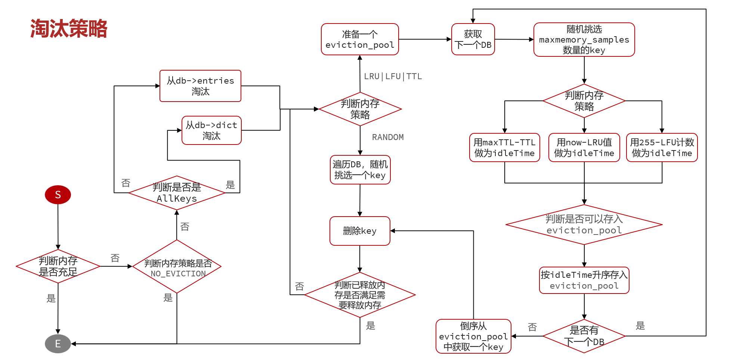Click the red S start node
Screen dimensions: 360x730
point(58,195)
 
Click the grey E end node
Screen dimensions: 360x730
point(58,344)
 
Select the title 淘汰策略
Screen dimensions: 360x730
point(69,29)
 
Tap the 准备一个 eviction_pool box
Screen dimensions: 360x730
point(360,39)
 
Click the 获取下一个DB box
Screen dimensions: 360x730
point(473,39)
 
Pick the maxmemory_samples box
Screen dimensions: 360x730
point(584,40)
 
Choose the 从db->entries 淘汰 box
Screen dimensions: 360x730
point(200,86)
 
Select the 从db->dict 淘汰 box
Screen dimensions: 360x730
point(211,130)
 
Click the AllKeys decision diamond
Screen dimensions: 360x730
point(177,193)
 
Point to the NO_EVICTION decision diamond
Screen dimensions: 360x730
point(177,267)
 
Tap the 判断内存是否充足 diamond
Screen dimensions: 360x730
point(58,266)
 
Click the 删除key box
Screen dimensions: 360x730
point(360,231)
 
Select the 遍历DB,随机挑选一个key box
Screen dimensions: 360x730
point(360,170)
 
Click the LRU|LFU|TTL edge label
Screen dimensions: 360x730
point(393,77)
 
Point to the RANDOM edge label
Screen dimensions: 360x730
point(388,137)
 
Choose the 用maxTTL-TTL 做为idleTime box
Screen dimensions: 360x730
point(504,148)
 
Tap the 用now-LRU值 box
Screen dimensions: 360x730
point(584,148)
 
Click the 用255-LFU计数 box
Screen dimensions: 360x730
point(662,148)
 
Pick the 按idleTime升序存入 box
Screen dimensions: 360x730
point(584,280)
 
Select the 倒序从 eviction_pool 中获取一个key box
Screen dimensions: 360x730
point(473,336)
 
